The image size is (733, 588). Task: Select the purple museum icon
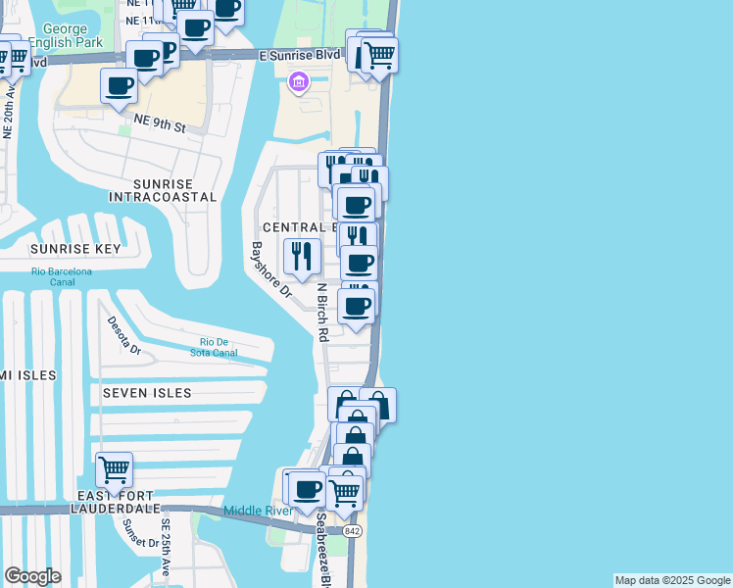[x=298, y=85]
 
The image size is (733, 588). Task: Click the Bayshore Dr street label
[x=272, y=270]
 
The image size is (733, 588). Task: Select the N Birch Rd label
[x=321, y=313]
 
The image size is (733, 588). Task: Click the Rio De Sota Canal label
[x=214, y=347]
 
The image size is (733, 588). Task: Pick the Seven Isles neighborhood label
[x=147, y=393]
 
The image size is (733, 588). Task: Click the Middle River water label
[x=259, y=511]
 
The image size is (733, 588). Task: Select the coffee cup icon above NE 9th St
[x=119, y=85]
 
